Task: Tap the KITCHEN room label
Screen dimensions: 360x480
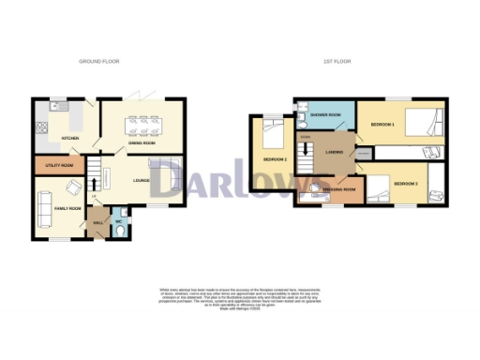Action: pos(69,139)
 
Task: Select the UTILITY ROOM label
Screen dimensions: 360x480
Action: pos(59,166)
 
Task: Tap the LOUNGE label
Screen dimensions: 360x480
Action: pos(142,180)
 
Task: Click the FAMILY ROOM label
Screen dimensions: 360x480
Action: pos(68,207)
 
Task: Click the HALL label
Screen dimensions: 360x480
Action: pos(98,223)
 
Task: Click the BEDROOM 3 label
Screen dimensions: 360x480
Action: pos(407,183)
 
